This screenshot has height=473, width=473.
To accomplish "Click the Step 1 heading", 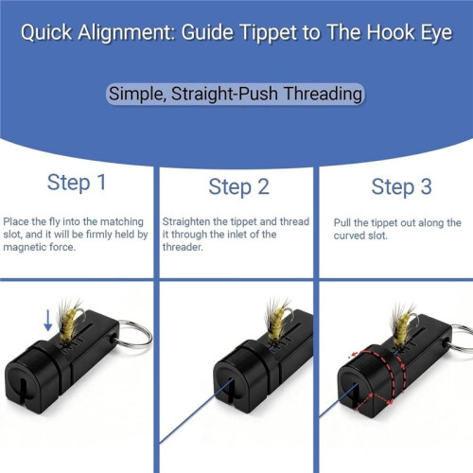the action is [x=77, y=183].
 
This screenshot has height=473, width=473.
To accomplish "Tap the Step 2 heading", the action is [x=239, y=186].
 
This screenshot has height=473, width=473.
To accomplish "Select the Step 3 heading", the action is [x=401, y=186].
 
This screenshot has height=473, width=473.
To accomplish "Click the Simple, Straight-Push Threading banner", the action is [x=236, y=94].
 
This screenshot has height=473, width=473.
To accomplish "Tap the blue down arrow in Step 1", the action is [x=48, y=320].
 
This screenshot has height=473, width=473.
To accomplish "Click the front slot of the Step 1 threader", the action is [x=23, y=392].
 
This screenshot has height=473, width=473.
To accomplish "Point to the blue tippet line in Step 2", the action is [x=196, y=412].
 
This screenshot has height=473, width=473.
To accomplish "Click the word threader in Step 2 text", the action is [x=183, y=247].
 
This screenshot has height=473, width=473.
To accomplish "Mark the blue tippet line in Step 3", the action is [x=339, y=400].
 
